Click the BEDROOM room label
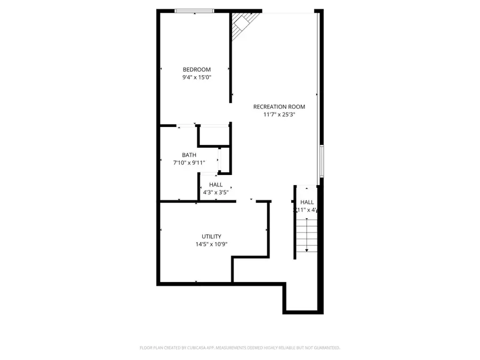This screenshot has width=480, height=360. click(x=196, y=69)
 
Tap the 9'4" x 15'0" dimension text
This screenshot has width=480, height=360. click(x=196, y=77)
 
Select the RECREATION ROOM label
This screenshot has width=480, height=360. click(x=279, y=107)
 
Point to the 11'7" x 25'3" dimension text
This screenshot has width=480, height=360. click(x=279, y=114)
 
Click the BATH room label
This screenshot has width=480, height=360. click(x=189, y=155)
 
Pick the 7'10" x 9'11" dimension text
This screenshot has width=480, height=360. click(x=189, y=163)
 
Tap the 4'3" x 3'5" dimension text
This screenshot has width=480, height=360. click(x=215, y=192)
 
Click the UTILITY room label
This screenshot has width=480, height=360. click(x=211, y=236)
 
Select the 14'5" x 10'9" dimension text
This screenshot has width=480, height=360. click(x=211, y=244)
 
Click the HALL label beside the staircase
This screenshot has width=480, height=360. click(x=307, y=202)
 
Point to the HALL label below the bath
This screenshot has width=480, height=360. click(x=215, y=185)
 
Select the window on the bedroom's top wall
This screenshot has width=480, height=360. click(x=195, y=11)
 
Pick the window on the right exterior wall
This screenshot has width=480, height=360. click(x=321, y=161)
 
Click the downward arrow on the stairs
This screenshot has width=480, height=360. click(x=307, y=248)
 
